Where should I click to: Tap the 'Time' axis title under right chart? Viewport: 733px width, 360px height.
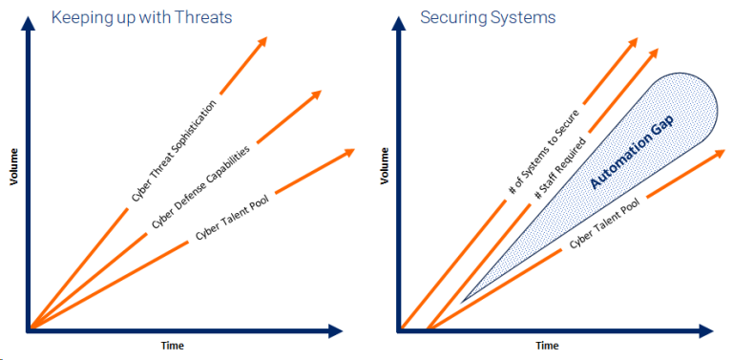coord(547,346)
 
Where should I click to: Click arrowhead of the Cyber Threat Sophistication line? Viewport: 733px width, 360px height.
coord(262,42)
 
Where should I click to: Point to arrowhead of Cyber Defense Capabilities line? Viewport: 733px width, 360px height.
coord(315,95)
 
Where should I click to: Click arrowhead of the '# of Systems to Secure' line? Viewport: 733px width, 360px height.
coord(632,44)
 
